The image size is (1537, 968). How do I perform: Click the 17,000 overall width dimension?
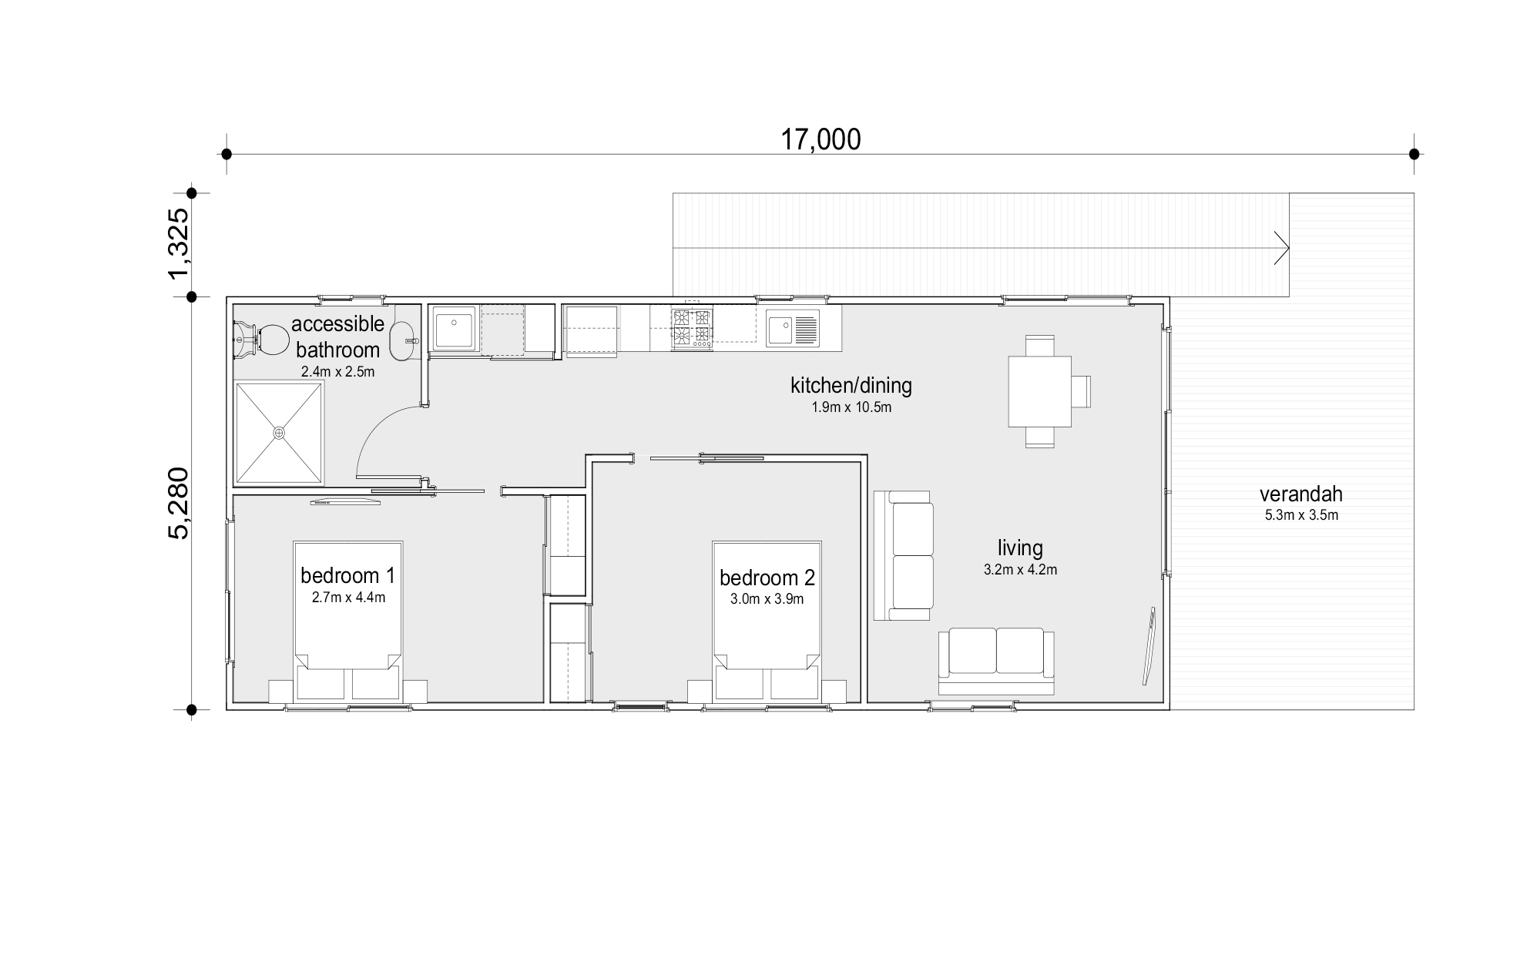(x=821, y=139)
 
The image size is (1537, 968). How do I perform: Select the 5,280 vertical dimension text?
(x=178, y=504)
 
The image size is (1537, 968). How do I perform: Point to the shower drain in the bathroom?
(x=279, y=434)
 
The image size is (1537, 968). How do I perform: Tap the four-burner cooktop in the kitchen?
(x=692, y=327)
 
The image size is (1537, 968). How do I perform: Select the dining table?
(x=1040, y=391)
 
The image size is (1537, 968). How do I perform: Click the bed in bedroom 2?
(x=767, y=621)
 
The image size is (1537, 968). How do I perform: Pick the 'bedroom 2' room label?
(x=767, y=578)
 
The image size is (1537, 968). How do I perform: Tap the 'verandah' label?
(x=1301, y=494)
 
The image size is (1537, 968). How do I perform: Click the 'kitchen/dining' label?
(x=851, y=385)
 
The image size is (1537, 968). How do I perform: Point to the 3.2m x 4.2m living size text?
(x=1020, y=571)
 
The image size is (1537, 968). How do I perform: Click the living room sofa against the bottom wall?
(x=996, y=662)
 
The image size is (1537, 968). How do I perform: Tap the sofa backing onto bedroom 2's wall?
(x=904, y=556)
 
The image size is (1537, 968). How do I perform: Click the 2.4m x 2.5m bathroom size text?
(x=337, y=372)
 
